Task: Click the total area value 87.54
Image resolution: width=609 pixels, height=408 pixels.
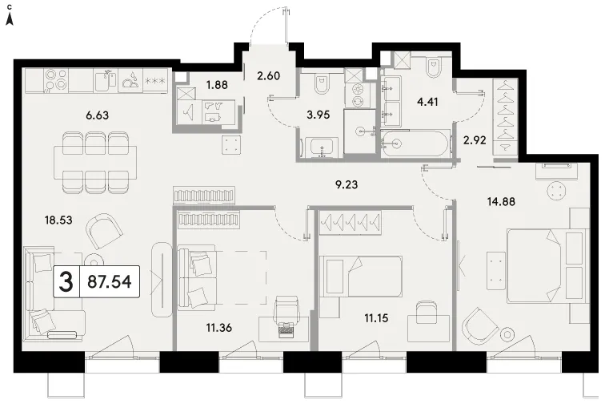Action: point(110,281)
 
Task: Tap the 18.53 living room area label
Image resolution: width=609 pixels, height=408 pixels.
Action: point(58,220)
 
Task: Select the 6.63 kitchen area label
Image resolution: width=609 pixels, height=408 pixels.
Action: point(97,115)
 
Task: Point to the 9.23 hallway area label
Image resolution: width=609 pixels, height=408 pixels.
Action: point(347,184)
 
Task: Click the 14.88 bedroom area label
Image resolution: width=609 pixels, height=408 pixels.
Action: point(501,201)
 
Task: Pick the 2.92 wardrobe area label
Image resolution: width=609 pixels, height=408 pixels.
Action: point(475,140)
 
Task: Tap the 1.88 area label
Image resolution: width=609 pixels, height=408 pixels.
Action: point(217,84)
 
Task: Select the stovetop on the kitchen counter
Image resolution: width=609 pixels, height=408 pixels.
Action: point(56,80)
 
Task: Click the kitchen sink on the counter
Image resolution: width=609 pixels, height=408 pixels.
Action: point(106,80)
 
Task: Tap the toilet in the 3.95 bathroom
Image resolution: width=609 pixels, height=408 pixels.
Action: point(321,85)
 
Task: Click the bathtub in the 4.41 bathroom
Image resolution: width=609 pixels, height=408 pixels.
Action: point(415,143)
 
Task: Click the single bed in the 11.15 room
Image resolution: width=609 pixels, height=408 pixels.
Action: point(361,276)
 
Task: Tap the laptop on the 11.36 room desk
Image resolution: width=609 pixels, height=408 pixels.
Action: point(287,329)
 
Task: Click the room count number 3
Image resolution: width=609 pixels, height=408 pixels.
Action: point(66,281)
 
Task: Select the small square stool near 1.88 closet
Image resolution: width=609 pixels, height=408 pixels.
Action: point(232,145)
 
